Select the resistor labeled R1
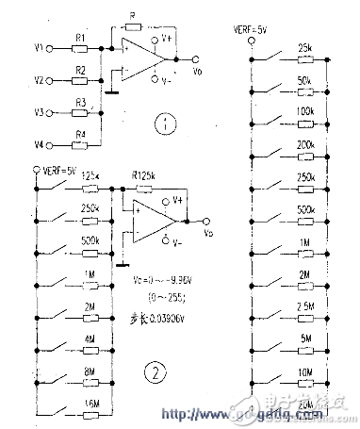(81, 43)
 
